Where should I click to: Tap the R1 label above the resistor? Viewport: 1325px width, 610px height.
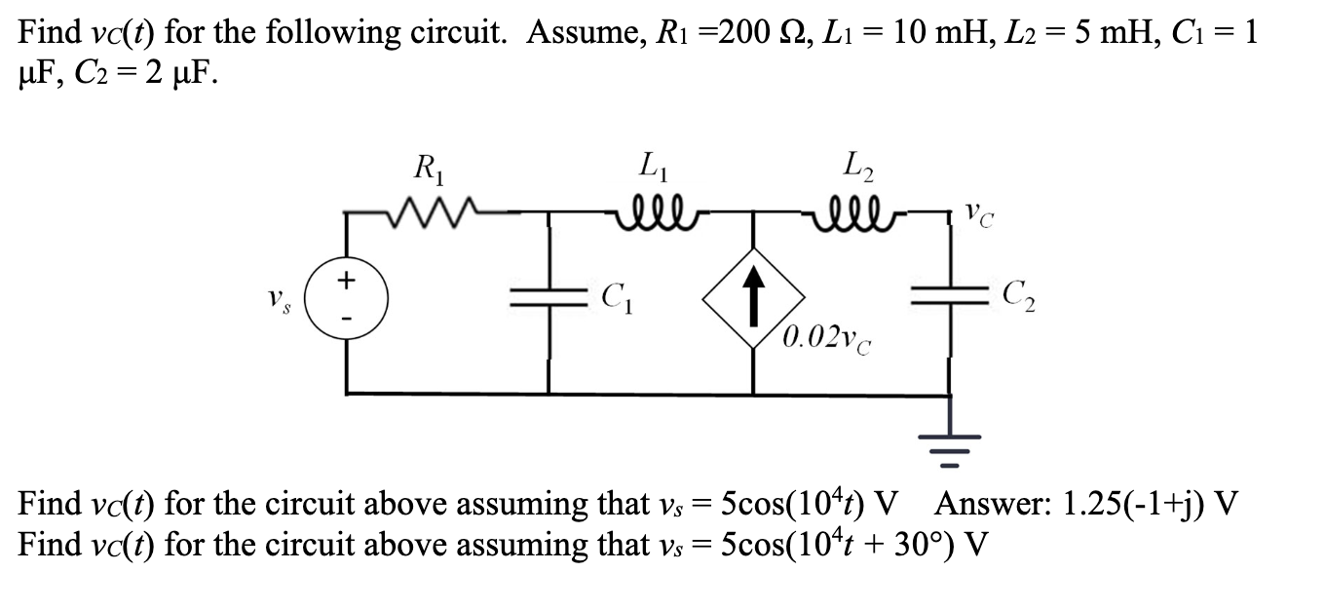[426, 170]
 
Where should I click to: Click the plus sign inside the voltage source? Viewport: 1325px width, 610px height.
[344, 280]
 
